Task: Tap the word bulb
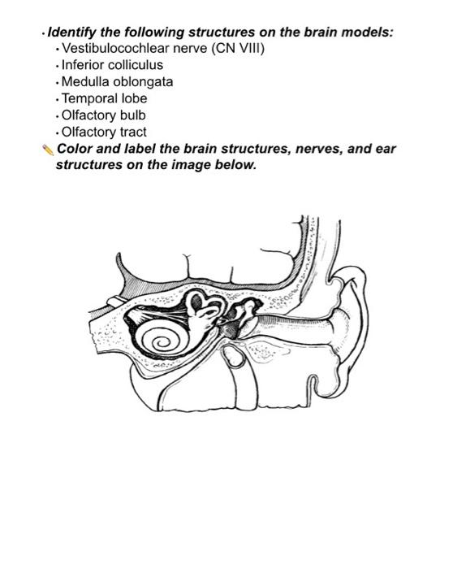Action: [130, 115]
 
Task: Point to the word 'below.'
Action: [235, 165]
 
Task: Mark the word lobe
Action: [133, 98]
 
